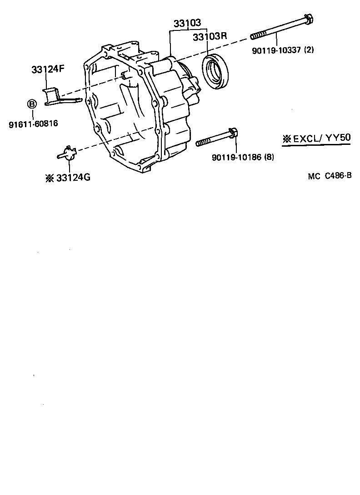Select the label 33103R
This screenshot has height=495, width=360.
[210, 37]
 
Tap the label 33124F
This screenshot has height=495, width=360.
[48, 70]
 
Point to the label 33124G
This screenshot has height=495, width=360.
[73, 178]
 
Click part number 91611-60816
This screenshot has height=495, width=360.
[33, 123]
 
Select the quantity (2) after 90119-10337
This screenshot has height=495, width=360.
[309, 50]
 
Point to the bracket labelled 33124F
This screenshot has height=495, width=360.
[56, 98]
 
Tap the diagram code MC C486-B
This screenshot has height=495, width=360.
[330, 176]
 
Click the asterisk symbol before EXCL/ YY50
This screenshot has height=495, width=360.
[286, 139]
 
